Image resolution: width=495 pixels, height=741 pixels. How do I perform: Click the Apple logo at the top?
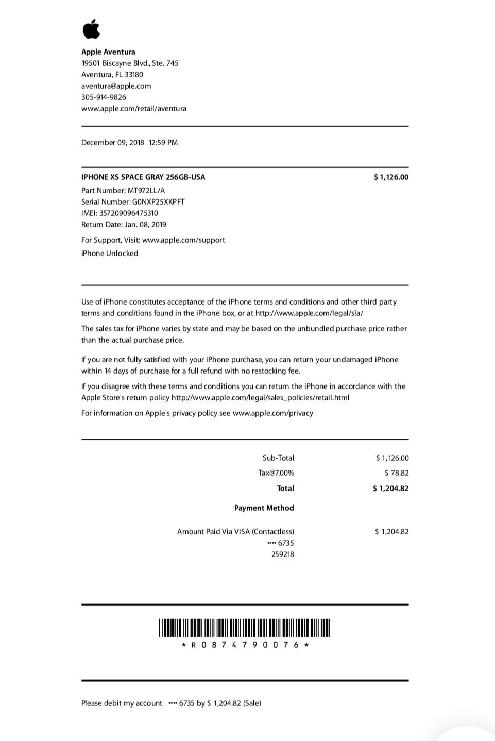91,29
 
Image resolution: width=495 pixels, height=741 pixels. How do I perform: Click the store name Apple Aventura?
108,52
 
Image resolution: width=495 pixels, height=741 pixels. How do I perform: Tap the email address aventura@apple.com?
116,86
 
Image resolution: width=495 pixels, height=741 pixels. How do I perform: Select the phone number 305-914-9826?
104,97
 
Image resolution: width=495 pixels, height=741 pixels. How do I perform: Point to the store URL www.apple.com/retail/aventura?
134,109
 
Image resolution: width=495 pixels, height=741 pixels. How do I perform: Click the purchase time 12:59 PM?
163,143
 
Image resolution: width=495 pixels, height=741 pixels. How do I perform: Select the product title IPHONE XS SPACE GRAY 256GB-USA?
143,177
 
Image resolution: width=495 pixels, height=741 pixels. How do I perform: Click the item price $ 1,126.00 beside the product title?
391,177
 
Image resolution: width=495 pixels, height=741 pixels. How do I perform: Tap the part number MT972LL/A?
146,191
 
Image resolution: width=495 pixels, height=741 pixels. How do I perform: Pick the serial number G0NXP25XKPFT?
158,202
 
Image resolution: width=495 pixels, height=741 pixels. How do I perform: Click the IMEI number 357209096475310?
129,213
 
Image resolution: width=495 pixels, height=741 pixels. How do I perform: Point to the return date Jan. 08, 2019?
145,225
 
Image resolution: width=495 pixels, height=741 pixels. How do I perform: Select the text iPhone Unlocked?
110,254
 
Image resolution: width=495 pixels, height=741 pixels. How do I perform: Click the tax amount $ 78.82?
397,473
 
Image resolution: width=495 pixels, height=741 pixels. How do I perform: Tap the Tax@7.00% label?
276,473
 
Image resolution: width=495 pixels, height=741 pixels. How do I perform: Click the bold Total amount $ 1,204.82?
390,489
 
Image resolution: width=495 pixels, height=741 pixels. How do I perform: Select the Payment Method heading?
264,508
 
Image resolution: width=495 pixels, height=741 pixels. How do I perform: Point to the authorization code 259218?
283,554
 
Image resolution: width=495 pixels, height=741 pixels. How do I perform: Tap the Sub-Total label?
278,458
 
